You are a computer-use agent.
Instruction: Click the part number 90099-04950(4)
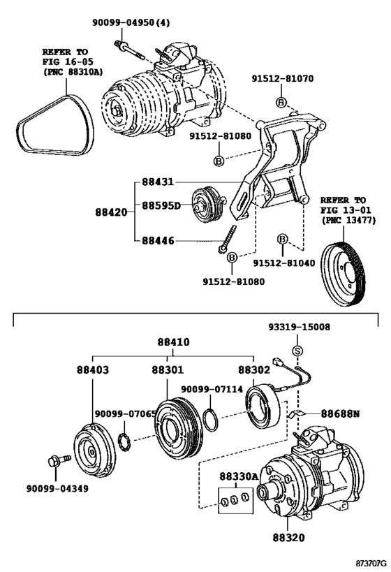(x=131, y=22)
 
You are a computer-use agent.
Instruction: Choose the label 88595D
(x=161, y=205)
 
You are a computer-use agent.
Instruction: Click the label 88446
(x=158, y=241)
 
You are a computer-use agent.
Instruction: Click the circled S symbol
(x=296, y=351)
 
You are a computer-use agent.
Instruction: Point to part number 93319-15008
(x=300, y=327)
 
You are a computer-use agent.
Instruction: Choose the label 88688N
(x=340, y=413)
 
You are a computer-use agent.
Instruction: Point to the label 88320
(x=286, y=540)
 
